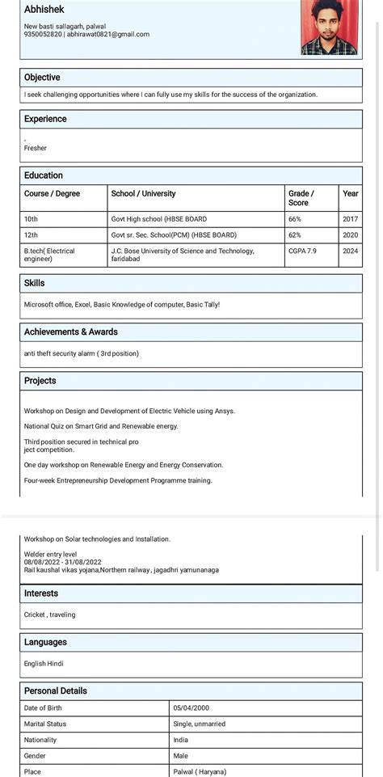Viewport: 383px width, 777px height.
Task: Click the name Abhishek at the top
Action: point(44,9)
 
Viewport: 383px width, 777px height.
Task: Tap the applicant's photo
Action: point(329,27)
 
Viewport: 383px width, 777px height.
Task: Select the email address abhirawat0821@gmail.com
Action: point(108,35)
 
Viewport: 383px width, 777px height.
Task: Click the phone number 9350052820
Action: point(43,35)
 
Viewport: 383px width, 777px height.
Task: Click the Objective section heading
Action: point(42,78)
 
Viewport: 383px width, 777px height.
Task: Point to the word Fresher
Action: point(36,148)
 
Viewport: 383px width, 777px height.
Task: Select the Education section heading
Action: point(44,175)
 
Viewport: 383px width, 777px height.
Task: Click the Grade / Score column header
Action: point(301,198)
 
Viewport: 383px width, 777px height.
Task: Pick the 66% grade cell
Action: point(295,219)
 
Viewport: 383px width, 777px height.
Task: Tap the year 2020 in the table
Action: point(350,235)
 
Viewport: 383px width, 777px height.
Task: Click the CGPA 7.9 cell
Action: point(302,251)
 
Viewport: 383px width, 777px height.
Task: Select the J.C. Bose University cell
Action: point(183,255)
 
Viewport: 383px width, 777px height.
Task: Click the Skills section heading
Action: point(35,284)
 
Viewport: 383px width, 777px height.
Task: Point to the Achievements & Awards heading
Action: point(71,332)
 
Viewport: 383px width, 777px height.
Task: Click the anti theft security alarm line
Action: point(82,353)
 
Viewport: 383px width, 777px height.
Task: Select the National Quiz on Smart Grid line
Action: point(101,426)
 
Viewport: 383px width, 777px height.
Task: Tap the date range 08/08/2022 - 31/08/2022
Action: point(63,562)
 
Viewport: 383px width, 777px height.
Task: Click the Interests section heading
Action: point(41,593)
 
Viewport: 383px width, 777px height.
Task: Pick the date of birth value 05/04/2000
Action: point(191,708)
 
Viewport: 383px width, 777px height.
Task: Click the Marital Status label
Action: point(45,724)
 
